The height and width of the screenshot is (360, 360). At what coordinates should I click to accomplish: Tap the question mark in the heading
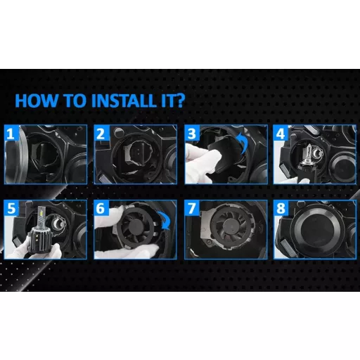coord(180,101)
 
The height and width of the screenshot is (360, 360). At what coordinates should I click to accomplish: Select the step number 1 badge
coord(11,133)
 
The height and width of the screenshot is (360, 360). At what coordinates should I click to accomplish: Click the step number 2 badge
coord(101,133)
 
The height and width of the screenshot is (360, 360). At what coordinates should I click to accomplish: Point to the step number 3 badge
coord(192,133)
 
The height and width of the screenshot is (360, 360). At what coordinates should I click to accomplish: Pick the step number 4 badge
coord(281,133)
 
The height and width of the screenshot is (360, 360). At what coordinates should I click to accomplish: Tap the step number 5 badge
coord(11,208)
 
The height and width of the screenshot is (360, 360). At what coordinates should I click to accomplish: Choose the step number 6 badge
coord(101,208)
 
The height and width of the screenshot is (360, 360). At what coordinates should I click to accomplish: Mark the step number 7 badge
coord(192,208)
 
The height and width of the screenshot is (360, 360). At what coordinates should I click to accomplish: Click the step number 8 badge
coord(281,208)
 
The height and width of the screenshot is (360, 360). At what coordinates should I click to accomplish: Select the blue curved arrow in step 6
coord(165,219)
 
